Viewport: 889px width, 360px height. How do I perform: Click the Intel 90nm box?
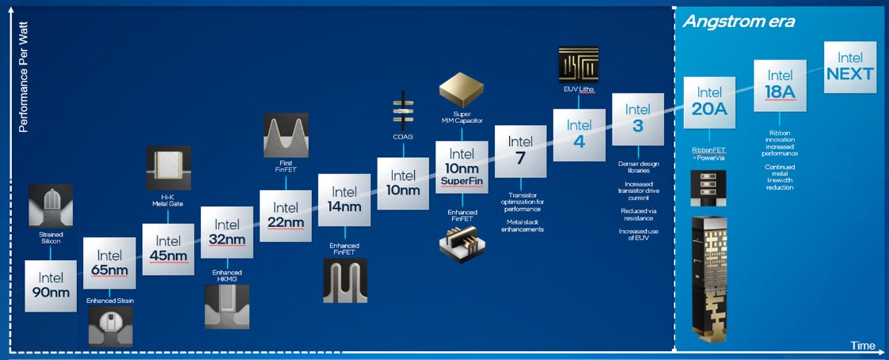(x=51, y=285)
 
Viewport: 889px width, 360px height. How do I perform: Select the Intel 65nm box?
(x=110, y=263)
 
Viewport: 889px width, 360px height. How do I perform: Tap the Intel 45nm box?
(x=168, y=248)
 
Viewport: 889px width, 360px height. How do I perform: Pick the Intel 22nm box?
(x=286, y=214)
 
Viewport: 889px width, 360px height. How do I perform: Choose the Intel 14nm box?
(x=344, y=199)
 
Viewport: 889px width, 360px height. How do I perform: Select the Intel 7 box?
(x=520, y=151)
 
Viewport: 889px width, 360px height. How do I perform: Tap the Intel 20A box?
(x=709, y=102)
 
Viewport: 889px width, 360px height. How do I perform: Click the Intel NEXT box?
(x=849, y=66)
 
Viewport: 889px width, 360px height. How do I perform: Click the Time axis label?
(x=862, y=345)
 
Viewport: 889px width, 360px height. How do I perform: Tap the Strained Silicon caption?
(x=51, y=238)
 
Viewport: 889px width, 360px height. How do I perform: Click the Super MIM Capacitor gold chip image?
(x=462, y=91)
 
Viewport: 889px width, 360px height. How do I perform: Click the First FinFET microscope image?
(x=286, y=135)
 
